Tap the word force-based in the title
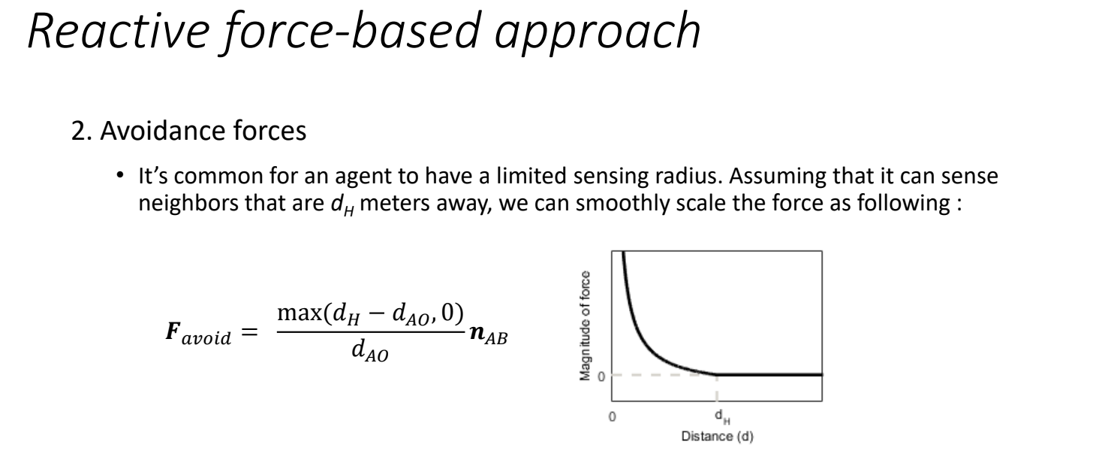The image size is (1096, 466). point(351,32)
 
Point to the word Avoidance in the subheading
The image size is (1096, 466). point(163,131)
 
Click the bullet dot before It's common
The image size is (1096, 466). point(120,175)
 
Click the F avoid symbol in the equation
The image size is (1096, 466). point(197,333)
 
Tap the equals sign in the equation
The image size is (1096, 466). point(249,332)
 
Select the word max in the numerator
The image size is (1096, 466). point(299,313)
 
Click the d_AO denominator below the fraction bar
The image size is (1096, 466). point(370,351)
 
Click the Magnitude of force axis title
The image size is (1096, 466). point(585,326)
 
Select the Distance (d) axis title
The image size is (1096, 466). point(718,436)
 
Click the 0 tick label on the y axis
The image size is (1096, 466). point(601,377)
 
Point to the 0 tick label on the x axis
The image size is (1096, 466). point(612,416)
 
